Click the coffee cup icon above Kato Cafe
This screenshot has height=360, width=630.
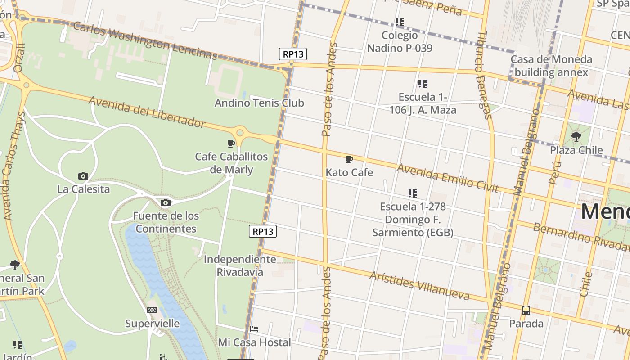(349, 159)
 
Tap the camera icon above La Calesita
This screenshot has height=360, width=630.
(83, 176)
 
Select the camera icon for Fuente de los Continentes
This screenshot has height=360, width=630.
(166, 202)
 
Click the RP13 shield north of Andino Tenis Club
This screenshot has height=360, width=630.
(293, 54)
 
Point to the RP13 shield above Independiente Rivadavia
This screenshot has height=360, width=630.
(263, 231)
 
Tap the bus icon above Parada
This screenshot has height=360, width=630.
(526, 310)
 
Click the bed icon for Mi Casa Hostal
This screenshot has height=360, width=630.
(254, 329)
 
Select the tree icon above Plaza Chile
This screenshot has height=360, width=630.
(576, 137)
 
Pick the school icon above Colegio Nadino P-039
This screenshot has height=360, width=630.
(400, 22)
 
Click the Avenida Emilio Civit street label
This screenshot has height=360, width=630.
(448, 178)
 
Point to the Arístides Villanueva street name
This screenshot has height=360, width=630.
(419, 286)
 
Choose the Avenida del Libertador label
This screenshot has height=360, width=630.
(147, 112)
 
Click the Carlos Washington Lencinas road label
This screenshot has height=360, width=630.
(145, 40)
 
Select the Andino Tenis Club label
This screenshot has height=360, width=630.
(259, 103)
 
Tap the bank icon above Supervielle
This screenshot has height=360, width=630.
(152, 310)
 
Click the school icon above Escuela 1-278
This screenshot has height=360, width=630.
(412, 193)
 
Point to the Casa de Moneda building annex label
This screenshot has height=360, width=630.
(551, 66)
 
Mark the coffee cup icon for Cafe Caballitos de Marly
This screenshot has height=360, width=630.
(231, 144)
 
